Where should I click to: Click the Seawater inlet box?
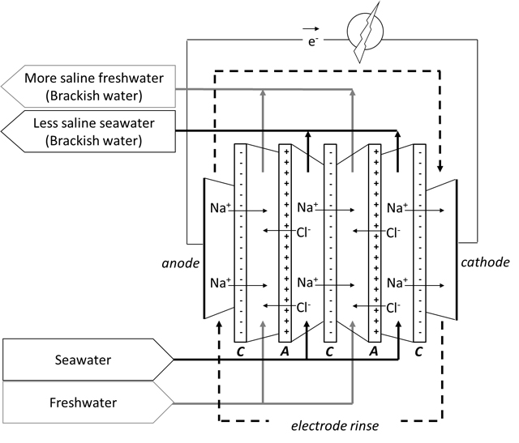click(88, 360)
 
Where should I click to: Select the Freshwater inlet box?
click(88, 403)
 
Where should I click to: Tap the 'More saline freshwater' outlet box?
click(88, 87)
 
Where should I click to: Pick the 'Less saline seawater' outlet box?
click(88, 131)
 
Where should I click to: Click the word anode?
click(181, 263)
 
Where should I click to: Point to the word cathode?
click(485, 262)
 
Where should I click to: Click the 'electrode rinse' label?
click(335, 426)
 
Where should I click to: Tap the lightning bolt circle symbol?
click(365, 32)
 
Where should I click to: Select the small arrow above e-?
click(311, 29)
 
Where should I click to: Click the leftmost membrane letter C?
click(241, 351)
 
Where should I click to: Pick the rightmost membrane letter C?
click(418, 351)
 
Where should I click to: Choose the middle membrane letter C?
click(329, 351)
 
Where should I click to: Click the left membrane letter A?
click(285, 351)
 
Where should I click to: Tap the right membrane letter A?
click(374, 351)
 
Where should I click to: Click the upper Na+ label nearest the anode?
click(220, 208)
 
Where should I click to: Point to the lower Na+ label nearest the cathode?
click(397, 283)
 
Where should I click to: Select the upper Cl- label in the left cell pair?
click(304, 232)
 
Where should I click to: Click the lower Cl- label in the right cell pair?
click(393, 308)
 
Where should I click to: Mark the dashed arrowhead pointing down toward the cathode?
click(440, 168)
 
